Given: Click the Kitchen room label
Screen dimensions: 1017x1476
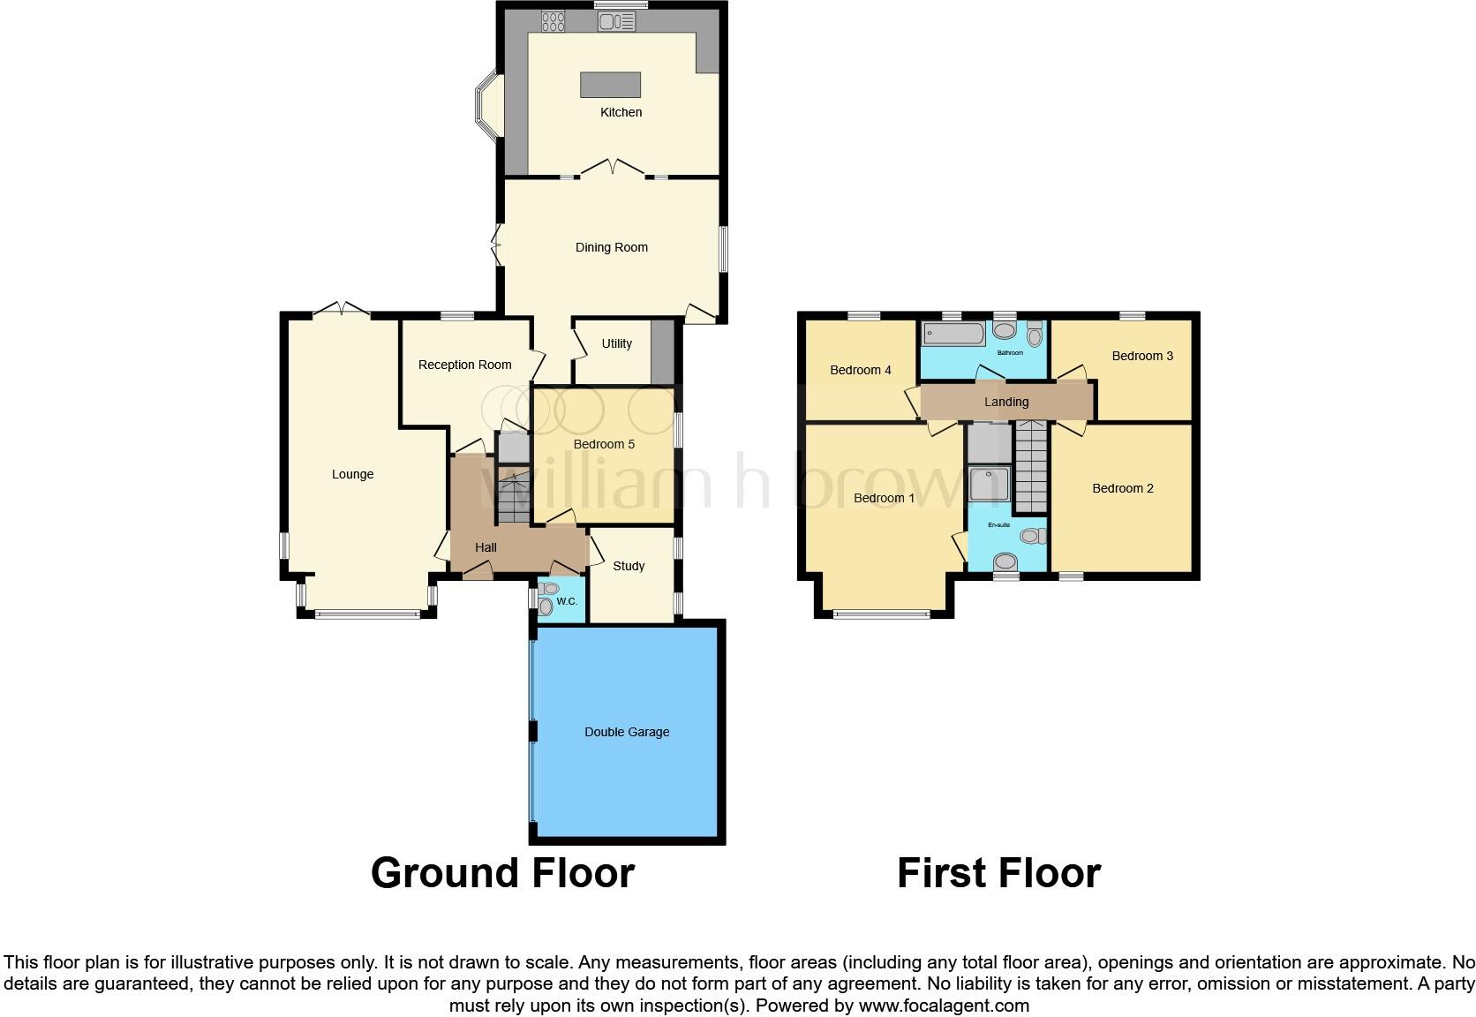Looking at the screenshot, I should coord(621,112).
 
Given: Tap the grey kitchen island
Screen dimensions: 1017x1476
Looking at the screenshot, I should coord(610,85).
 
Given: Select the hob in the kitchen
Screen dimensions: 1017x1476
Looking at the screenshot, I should coord(553,20).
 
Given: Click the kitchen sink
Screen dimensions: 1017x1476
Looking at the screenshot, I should coord(616,20).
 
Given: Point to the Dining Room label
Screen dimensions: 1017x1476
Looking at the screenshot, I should coord(611,247).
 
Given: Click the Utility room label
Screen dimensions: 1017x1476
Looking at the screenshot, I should coord(616,343).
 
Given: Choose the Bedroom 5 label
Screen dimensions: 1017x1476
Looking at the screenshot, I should coord(604,444).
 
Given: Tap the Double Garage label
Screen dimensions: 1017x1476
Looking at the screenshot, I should coord(627,732).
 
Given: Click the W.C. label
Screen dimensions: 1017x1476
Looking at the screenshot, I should coord(566,602).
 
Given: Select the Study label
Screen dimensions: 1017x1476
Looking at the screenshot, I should coord(629,566).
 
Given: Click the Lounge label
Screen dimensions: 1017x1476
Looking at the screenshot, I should coord(352,474).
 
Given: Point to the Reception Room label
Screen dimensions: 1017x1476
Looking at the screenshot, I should coord(464,365).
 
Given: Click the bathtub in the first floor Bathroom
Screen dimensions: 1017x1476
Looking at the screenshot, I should coord(953,334).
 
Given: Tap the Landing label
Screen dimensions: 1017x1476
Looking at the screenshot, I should coord(1006,402).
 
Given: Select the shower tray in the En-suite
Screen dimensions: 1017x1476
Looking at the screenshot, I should coord(989,484).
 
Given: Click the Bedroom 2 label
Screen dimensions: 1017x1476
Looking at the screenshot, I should coord(1122,488).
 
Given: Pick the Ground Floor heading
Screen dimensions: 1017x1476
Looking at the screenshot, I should coord(502,872).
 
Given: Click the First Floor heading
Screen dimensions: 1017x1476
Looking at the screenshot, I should coord(998,872).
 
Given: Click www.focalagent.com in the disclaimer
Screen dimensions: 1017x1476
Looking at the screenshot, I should coord(943,1005).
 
